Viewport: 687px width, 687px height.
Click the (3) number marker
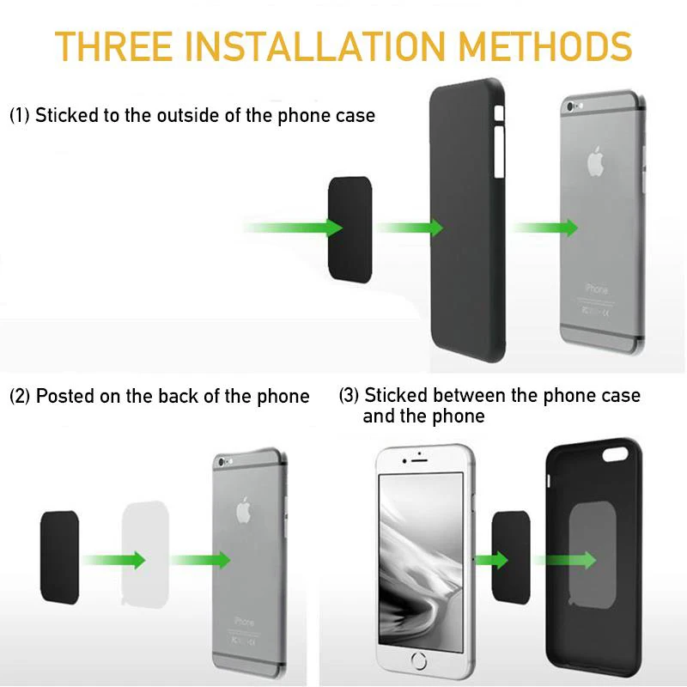click(x=349, y=396)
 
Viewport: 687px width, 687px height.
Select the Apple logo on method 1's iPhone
click(x=596, y=161)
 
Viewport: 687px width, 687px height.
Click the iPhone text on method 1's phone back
click(x=595, y=289)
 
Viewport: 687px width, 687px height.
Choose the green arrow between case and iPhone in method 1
click(x=544, y=228)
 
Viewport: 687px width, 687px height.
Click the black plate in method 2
click(x=59, y=556)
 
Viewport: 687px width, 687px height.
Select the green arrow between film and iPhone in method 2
click(x=200, y=559)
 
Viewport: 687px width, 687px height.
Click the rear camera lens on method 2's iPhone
click(x=224, y=463)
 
